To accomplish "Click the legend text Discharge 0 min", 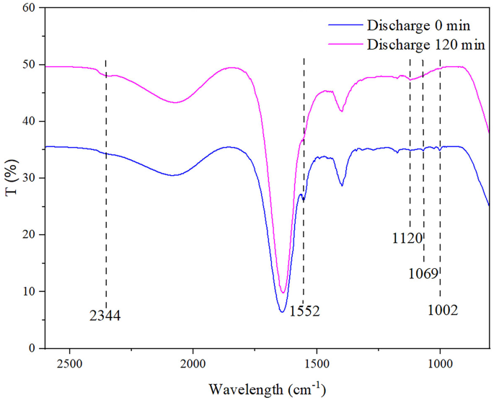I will click(419, 26).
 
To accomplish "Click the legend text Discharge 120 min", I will click(425, 45).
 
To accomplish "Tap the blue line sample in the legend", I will click(345, 26).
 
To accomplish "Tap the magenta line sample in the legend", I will click(345, 45).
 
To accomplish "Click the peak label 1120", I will click(407, 238).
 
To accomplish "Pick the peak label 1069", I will click(423, 274).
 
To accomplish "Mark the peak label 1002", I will click(442, 311).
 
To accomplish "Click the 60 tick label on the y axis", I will click(29, 8).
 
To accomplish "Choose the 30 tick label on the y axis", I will click(29, 178).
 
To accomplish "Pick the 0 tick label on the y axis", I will click(32, 348).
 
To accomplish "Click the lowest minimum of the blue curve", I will click(282, 311).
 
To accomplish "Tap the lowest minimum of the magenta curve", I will click(283, 292).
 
